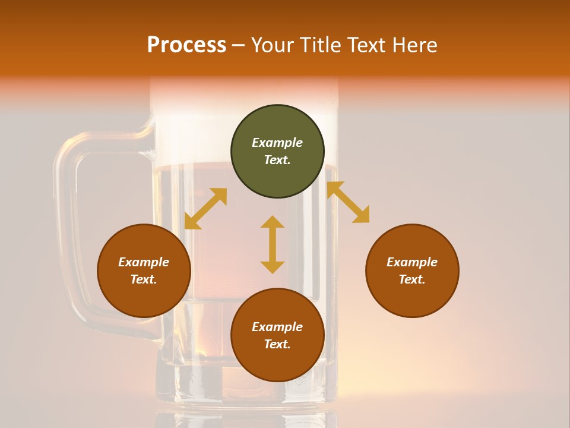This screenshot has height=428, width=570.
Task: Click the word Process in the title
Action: point(186,45)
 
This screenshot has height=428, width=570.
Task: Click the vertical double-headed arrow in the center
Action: point(273,244)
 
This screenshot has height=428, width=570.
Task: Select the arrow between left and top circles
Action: point(205,209)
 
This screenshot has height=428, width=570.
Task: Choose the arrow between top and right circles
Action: point(349,202)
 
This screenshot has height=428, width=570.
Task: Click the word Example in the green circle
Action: point(277,143)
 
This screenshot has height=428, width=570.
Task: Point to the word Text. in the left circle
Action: point(144,279)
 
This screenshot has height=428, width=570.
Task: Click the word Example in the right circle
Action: point(412,262)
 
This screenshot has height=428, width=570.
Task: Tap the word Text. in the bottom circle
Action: point(277,344)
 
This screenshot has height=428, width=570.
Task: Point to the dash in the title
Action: point(238,45)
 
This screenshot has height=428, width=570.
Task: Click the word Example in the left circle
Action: point(144,262)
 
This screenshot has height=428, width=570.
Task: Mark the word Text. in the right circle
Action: point(412,279)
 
